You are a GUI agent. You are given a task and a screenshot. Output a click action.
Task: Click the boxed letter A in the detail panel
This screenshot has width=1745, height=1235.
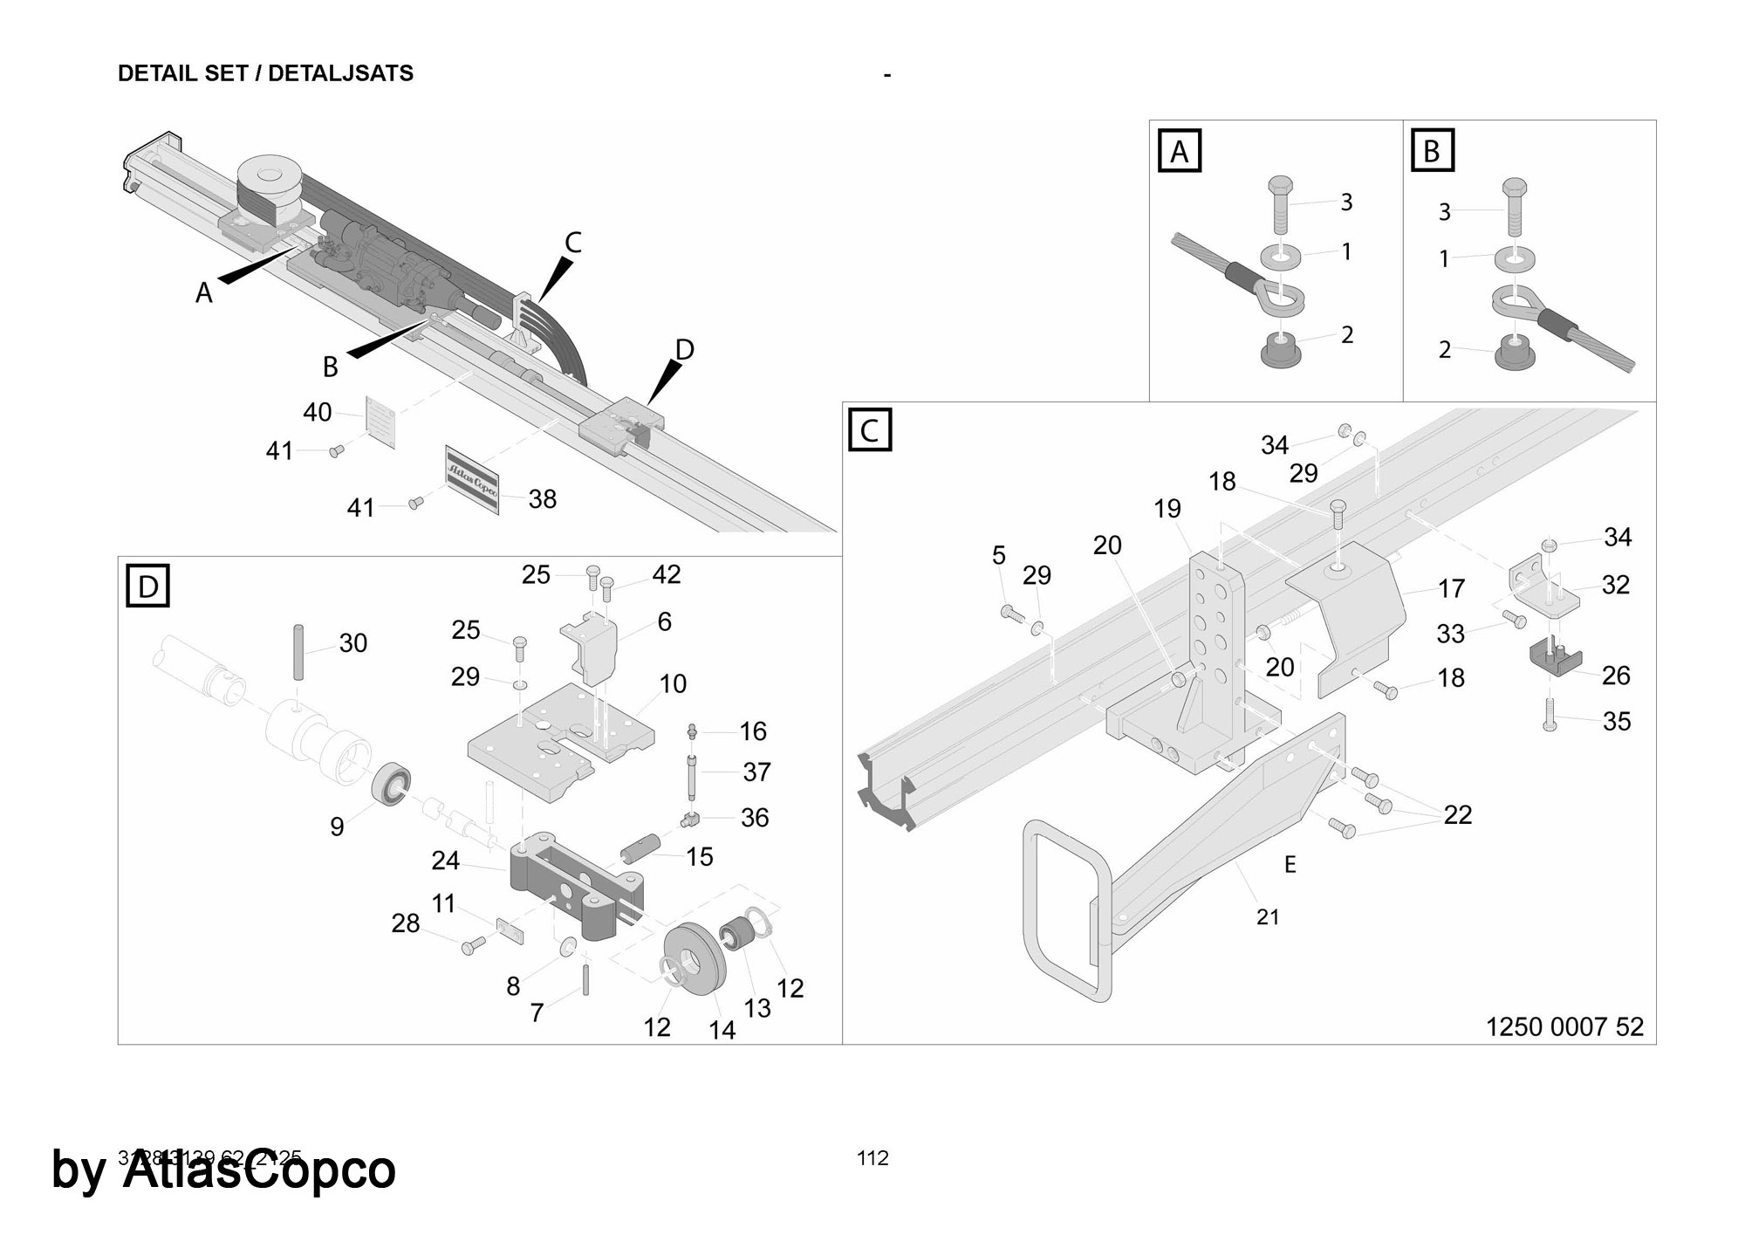tap(1179, 151)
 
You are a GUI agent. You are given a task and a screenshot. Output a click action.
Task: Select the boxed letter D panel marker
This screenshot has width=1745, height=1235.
tap(147, 586)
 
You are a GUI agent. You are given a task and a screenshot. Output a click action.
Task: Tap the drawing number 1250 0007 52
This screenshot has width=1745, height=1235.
tap(1564, 1026)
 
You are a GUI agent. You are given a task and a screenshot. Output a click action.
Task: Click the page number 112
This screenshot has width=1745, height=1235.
tap(872, 1158)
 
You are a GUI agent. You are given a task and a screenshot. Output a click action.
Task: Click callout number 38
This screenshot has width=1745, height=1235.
tap(542, 499)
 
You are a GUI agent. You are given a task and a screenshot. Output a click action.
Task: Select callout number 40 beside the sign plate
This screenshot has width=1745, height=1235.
tap(318, 412)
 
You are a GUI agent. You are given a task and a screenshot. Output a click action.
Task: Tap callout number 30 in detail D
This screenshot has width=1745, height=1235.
tap(352, 643)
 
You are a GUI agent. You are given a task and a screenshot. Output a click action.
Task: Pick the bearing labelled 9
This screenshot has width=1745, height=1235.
tap(393, 782)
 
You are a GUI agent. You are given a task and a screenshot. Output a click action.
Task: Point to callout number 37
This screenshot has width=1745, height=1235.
tap(756, 772)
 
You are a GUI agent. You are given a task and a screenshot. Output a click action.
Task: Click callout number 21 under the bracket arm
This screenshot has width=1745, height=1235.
tap(1268, 916)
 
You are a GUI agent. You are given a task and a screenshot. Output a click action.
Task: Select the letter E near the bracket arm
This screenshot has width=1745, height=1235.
tap(1290, 864)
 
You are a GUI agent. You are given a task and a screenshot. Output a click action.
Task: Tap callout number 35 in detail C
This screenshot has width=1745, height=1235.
tap(1616, 722)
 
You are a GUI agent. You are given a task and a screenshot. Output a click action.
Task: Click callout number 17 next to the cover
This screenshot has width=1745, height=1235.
tap(1451, 589)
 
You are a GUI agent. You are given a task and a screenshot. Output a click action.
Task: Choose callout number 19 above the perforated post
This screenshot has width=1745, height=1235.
tap(1167, 509)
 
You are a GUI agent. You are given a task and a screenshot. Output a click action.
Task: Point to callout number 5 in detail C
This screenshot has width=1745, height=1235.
tap(999, 555)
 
